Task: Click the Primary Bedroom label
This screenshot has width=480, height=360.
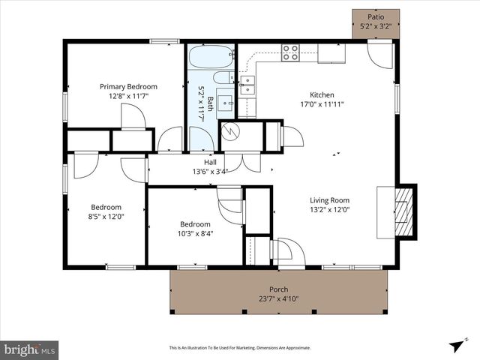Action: click(129, 86)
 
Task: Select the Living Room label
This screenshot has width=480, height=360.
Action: click(330, 200)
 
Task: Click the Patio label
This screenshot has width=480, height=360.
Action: click(376, 16)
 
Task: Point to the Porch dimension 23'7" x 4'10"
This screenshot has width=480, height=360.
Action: click(278, 299)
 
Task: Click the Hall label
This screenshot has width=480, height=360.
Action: click(211, 162)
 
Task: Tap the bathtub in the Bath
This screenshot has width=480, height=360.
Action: click(211, 57)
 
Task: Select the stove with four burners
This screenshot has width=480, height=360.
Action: click(290, 52)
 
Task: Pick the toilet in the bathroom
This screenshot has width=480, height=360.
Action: click(223, 78)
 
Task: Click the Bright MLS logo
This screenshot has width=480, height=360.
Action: click(30, 349)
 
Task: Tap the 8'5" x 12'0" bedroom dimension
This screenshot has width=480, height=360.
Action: click(107, 217)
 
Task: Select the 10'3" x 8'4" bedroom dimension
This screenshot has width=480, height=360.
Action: click(195, 233)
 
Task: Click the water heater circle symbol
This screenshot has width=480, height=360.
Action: click(232, 131)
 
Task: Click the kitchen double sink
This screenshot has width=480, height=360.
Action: click(247, 85)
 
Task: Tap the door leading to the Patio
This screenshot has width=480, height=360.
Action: click(380, 55)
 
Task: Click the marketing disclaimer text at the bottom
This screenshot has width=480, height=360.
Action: click(240, 348)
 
